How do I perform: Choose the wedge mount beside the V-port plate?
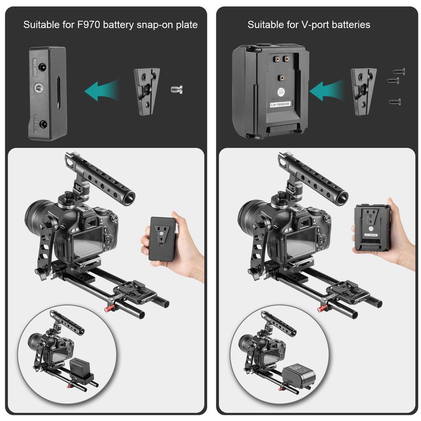363,87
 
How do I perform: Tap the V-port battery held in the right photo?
375,226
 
